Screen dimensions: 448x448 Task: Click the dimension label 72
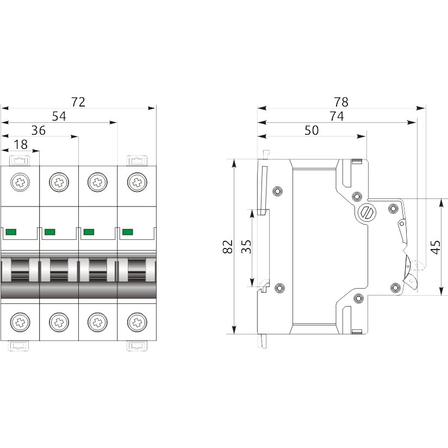78,102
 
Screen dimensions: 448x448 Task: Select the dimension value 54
59,116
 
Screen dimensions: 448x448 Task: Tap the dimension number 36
38,130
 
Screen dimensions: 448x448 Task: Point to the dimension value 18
21,145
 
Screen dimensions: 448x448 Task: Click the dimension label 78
341,102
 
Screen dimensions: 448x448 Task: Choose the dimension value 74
337,116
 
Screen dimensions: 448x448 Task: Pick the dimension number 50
312,130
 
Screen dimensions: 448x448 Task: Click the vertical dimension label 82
228,247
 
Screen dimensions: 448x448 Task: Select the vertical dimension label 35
246,247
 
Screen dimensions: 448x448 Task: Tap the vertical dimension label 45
435,247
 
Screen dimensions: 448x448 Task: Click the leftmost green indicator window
11,232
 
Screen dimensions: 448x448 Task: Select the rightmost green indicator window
128,232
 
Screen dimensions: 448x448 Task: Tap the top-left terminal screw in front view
20,182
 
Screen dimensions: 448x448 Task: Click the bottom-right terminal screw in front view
137,322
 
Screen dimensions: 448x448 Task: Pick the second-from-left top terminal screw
59,182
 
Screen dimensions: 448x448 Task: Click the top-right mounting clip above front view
137,160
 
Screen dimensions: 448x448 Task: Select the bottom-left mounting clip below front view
18,346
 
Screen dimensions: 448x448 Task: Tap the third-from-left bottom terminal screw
98,322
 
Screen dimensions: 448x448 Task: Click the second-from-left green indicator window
49,232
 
